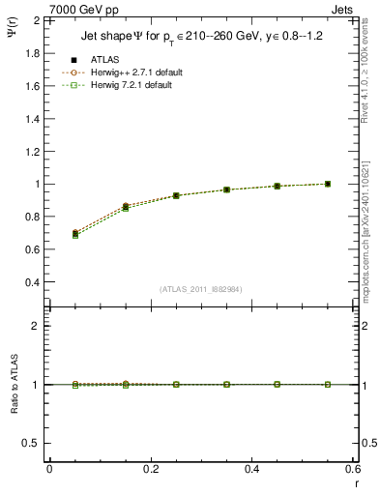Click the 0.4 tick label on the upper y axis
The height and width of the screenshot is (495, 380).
click(31, 282)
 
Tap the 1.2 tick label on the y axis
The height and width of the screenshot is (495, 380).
click(31, 151)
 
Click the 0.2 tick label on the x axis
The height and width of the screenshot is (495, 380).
click(151, 469)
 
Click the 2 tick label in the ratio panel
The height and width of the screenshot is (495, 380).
click(35, 326)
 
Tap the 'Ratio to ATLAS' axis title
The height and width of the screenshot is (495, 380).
click(15, 385)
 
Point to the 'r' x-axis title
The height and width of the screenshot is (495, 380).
click(357, 480)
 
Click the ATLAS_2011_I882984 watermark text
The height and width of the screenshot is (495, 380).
click(201, 290)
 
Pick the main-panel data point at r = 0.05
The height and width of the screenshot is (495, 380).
click(74, 233)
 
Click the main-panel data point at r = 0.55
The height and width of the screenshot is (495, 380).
click(328, 184)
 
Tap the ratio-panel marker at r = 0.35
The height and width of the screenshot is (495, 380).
click(226, 384)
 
